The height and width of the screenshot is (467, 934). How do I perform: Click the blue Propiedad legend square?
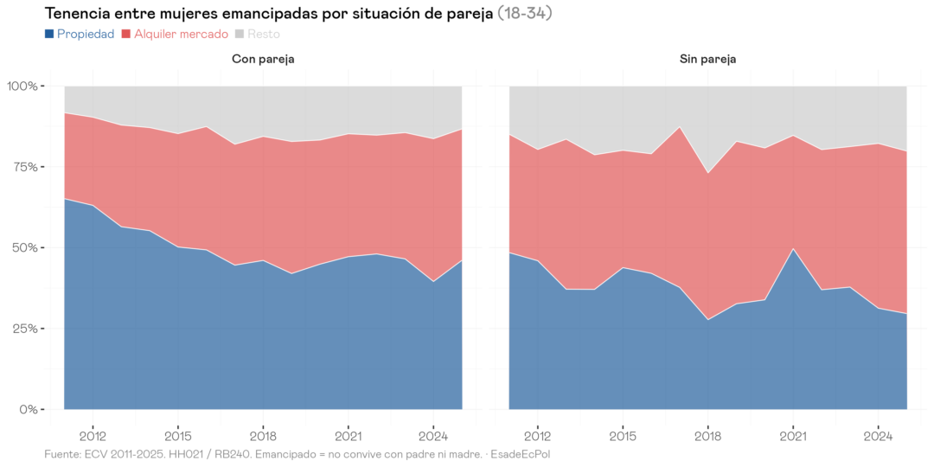48,34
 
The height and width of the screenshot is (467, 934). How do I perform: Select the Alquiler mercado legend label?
181,34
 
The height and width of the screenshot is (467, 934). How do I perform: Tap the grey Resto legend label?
263,34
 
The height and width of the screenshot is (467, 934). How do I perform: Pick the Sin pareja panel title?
707,59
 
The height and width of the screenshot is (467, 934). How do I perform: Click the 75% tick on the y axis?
26,167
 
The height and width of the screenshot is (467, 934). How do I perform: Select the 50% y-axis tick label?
26,247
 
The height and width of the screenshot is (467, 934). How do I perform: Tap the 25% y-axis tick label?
26,329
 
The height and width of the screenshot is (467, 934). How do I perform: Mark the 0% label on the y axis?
29,409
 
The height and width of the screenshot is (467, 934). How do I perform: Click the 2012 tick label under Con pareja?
93,435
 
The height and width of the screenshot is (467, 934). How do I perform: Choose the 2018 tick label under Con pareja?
263,435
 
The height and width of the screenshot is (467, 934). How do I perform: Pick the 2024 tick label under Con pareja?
433,435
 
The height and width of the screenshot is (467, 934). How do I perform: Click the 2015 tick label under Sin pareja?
622,435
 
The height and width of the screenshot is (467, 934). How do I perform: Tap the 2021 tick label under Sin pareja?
792,435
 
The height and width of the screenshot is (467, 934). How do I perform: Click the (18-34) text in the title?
525,14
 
